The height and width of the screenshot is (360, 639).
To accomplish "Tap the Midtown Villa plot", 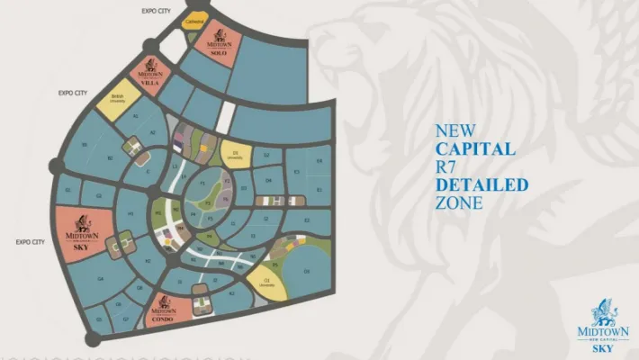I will [x=150, y=73].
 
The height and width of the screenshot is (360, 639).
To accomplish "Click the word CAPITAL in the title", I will [x=475, y=148].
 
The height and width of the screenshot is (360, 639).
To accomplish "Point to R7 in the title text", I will [x=447, y=166].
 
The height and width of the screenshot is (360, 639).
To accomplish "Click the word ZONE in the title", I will [x=458, y=202].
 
